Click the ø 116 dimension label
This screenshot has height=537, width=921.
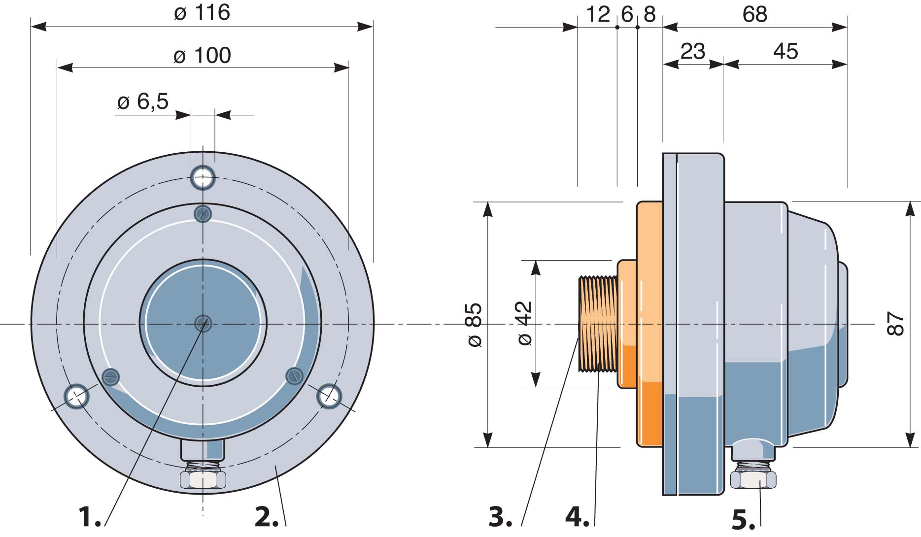(202, 13)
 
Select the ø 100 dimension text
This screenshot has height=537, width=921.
(202, 56)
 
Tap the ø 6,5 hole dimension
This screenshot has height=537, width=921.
(143, 101)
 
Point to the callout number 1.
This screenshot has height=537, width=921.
(90, 517)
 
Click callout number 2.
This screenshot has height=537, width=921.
(267, 517)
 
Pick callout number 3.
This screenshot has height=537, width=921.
(501, 517)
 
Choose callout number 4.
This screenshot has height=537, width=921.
(578, 517)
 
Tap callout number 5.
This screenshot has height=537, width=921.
(744, 520)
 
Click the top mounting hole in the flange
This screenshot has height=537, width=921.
(203, 178)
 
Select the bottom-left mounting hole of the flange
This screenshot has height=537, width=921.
(77, 396)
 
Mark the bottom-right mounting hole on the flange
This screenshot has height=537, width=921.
(329, 396)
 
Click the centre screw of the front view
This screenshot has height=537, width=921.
(203, 324)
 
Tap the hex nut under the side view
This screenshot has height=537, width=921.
(753, 479)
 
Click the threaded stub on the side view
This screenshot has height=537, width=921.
(597, 324)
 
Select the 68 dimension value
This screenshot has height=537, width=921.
(755, 15)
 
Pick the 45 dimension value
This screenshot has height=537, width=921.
(785, 52)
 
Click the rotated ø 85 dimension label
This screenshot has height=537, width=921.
(474, 325)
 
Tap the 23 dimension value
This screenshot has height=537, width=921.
(693, 52)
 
